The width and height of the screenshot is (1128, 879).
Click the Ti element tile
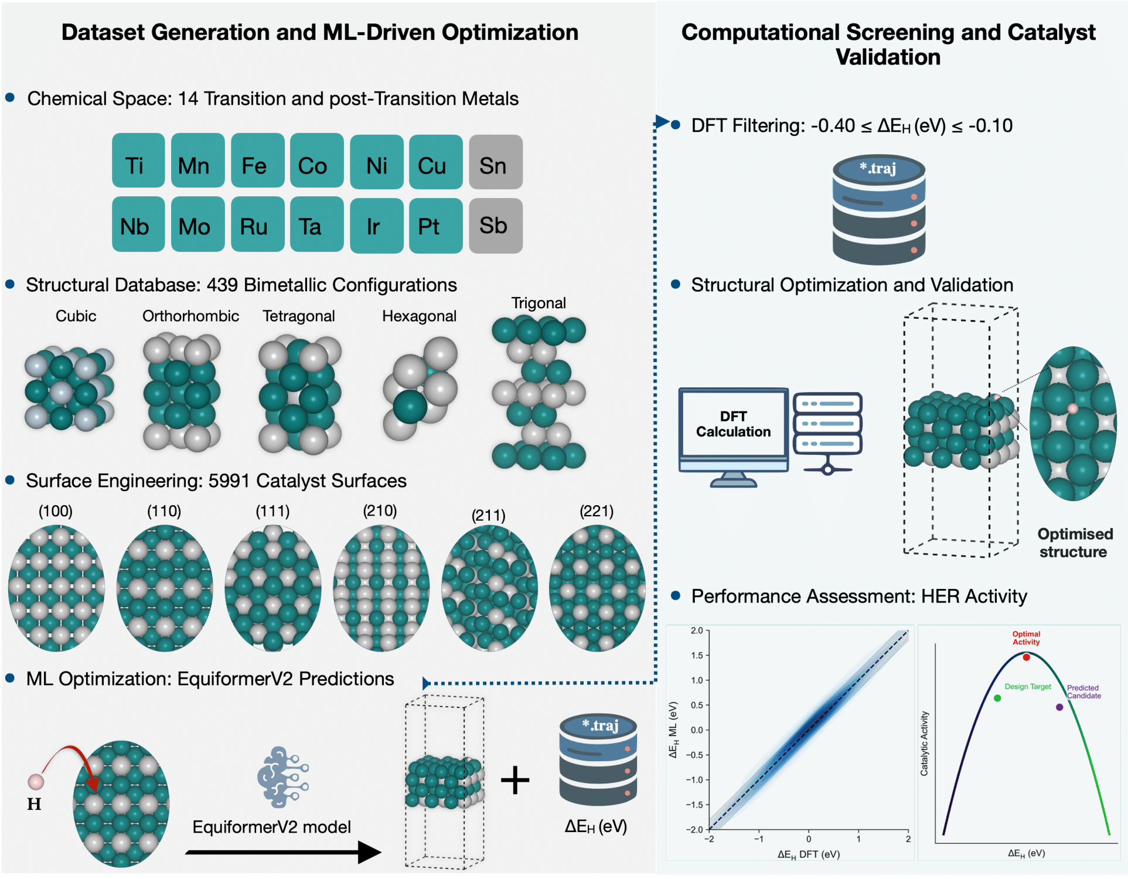click(138, 161)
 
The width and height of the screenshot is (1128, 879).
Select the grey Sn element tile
click(495, 162)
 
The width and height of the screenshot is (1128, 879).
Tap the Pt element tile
click(435, 226)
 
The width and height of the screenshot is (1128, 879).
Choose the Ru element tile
click(257, 224)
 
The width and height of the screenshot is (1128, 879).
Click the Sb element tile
click(495, 226)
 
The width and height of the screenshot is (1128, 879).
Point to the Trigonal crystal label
click(539, 303)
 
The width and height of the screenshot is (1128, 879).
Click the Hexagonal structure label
click(419, 316)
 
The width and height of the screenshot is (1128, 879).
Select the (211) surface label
click(488, 516)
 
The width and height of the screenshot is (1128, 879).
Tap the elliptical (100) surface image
click(56, 588)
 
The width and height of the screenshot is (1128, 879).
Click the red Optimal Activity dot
click(1026, 657)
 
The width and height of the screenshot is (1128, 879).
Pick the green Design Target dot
click(997, 698)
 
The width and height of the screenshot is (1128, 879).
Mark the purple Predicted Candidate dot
click(1059, 707)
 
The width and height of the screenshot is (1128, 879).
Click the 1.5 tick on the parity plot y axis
click(697, 655)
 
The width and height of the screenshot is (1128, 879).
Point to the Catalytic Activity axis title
click(925, 744)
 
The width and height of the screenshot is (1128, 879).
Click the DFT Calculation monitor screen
click(733, 424)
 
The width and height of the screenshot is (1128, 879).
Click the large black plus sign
click(515, 780)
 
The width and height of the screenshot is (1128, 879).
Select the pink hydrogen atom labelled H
click(36, 781)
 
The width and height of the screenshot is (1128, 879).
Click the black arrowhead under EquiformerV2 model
click(369, 852)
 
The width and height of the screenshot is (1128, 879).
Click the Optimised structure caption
click(1074, 543)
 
